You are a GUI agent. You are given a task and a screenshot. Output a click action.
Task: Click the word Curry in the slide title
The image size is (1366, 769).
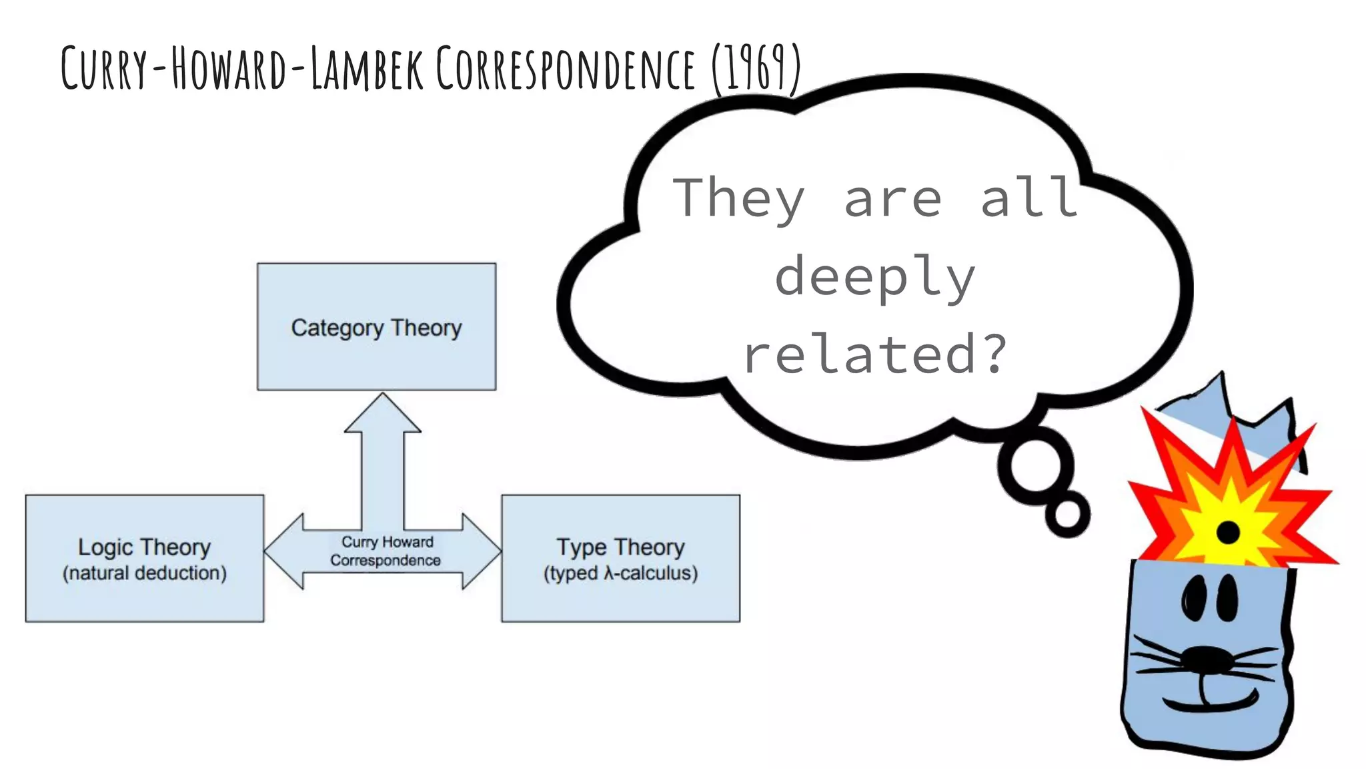pos(103,68)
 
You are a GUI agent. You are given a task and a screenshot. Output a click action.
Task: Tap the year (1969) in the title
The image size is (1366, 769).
pos(756,68)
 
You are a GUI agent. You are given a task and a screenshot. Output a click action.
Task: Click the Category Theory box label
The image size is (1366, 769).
pos(376,328)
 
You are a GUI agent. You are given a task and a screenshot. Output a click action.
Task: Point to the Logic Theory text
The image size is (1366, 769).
pos(144,547)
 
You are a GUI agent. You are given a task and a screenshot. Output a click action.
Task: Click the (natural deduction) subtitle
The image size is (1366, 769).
pos(144,573)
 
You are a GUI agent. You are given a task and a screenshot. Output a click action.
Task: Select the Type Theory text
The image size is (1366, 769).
pos(620,547)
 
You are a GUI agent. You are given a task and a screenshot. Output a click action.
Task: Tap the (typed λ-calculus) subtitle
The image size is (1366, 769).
pos(620,573)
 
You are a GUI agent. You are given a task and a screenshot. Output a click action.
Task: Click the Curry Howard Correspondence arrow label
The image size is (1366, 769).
pos(386,551)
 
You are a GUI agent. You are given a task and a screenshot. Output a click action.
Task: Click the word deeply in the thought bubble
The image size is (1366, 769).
pos(874,276)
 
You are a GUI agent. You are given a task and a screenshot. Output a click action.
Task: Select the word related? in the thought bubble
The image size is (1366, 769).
pos(874,354)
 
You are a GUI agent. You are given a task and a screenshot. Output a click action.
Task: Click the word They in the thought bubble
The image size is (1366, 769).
pos(738,198)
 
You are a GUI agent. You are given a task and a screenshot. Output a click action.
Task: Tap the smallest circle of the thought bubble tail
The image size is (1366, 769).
pos(1067,515)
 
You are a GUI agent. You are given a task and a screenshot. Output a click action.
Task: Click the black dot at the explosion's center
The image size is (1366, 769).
pos(1228,533)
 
